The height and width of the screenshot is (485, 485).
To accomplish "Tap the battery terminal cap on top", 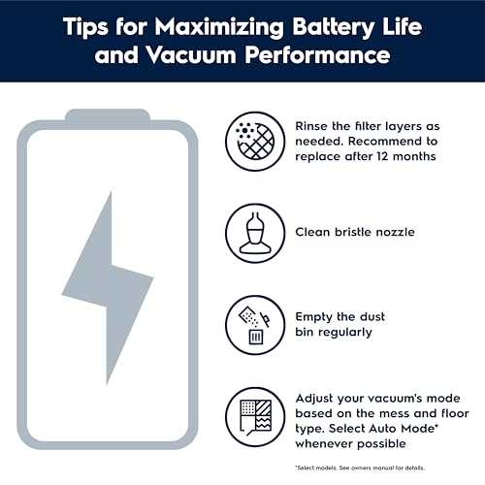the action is (108, 115).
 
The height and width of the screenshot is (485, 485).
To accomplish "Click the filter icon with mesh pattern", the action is (255, 142).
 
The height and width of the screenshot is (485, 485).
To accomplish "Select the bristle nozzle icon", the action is (255, 233).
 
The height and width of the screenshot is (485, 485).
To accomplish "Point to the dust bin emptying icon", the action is (255, 325).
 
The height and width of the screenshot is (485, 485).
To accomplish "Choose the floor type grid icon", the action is (255, 417).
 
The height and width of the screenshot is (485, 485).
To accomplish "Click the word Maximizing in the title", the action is (219, 27).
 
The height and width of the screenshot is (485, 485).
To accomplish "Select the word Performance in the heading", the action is (317, 55).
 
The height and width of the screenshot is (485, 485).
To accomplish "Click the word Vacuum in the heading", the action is (191, 55).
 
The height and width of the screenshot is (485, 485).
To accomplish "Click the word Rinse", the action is (311, 126).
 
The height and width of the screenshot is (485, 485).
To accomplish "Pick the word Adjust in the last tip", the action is (314, 399).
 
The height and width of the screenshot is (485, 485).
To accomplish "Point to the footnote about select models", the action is (360, 468).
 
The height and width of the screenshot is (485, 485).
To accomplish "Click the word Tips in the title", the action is (85, 27).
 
